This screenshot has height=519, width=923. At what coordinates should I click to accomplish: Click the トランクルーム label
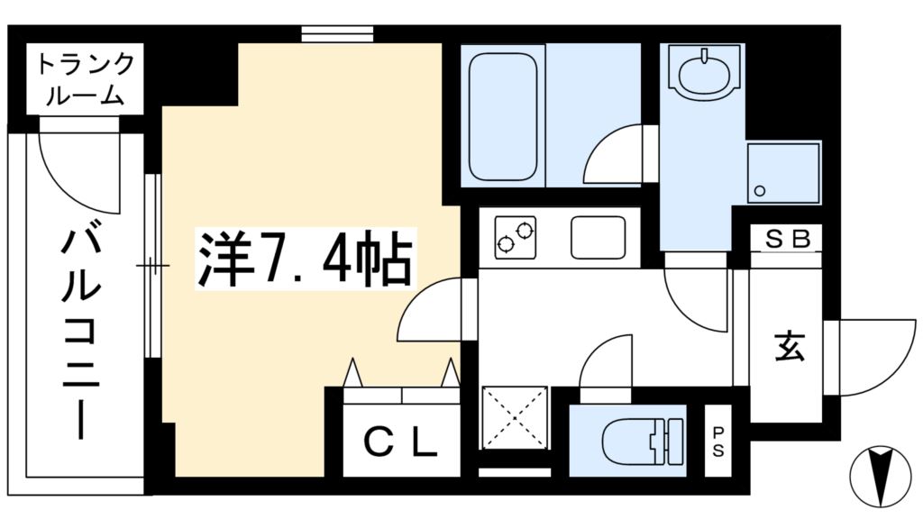point(86,79)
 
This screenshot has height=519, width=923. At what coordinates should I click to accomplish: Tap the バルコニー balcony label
point(81,334)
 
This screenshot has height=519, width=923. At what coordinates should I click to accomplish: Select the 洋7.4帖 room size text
point(306,259)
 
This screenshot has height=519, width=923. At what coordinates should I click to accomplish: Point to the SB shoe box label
point(787,239)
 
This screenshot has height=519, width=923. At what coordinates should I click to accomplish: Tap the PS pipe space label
point(718,442)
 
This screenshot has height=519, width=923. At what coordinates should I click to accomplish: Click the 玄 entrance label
point(789,346)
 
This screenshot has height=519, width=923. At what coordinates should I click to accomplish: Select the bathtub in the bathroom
point(503,117)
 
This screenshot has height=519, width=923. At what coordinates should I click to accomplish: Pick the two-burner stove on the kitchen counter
point(516,237)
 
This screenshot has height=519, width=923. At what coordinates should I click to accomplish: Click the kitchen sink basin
point(599,238)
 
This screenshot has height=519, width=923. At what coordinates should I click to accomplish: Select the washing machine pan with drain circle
point(783,173)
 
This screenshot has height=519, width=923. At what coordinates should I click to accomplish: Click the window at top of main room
point(337,34)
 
